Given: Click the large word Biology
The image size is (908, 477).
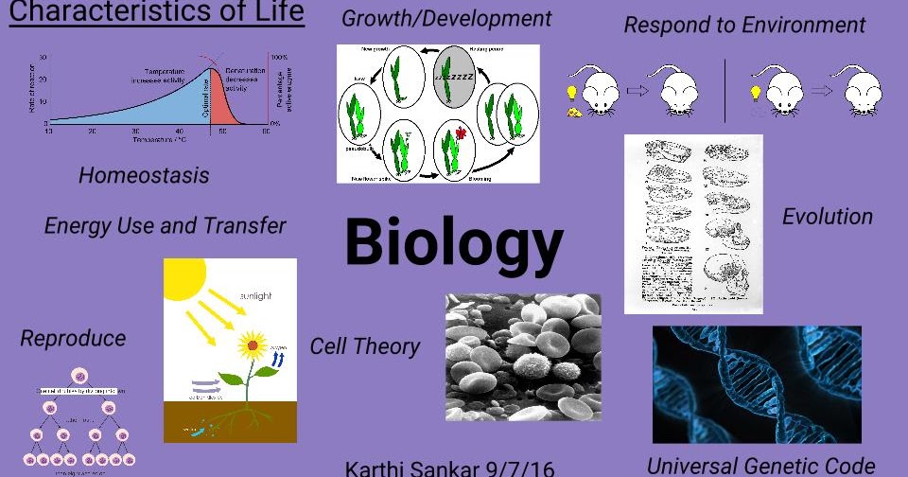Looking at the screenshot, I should tap(454, 241).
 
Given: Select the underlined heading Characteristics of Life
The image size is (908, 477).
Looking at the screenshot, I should tap(157, 13).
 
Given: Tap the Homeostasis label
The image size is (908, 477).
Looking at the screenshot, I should tap(144, 175).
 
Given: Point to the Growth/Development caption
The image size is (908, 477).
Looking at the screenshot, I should tap(446, 19).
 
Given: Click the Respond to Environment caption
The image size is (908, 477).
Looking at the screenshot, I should tap(744, 25).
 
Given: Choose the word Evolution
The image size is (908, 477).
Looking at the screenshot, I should tap(827, 217).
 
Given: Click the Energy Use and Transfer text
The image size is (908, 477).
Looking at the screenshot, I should tap(165, 226).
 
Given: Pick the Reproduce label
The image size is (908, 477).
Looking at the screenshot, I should tap(73, 338).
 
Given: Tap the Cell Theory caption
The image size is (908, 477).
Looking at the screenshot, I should tap(365, 346).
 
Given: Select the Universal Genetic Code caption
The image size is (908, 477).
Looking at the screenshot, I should tap(761, 465).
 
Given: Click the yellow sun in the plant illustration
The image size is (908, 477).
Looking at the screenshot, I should tap(184, 276).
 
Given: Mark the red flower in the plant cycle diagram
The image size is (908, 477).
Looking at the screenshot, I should tap(462, 133).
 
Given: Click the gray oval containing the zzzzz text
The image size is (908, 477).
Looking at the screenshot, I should tap(454, 79).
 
